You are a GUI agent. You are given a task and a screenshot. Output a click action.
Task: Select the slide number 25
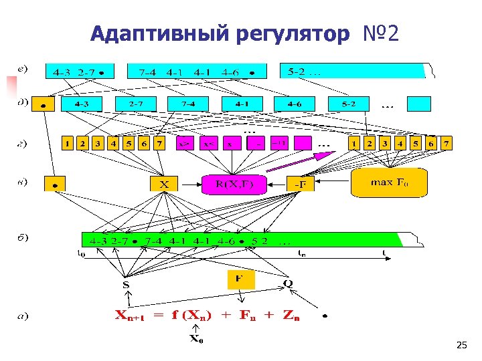461,345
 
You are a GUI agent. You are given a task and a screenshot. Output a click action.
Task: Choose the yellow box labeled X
164,183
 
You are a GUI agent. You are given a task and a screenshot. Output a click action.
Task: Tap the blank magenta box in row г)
303,143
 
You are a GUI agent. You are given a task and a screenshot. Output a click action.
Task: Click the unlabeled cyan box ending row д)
420,104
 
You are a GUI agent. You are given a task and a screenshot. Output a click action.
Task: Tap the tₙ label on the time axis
303,253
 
